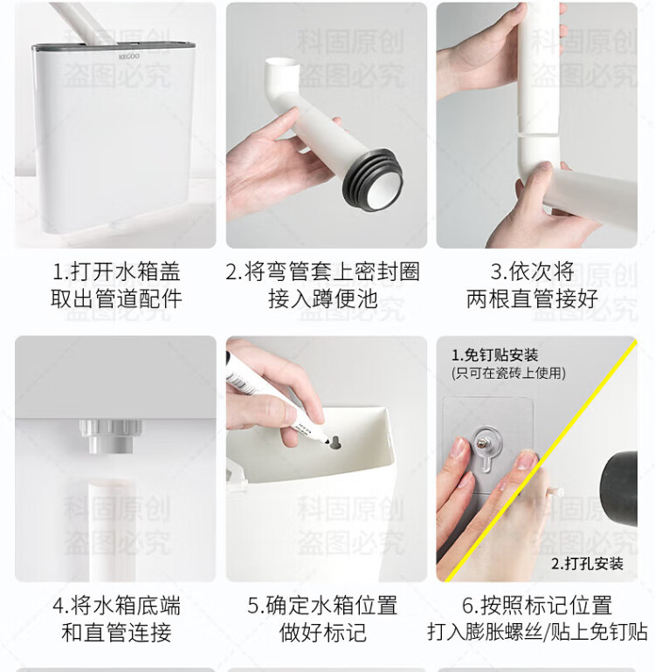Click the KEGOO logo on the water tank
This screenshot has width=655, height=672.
[x=129, y=56]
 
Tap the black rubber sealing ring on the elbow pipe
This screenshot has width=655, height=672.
[x=372, y=179]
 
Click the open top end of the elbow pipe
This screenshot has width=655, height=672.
[x=282, y=64]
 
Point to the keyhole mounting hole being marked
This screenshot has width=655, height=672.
[x=335, y=442]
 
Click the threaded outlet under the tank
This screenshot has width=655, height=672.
[x=110, y=435]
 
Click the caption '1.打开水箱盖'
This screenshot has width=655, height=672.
[x=116, y=271]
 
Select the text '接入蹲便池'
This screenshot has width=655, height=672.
[x=323, y=298]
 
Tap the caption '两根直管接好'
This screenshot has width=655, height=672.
[x=532, y=298]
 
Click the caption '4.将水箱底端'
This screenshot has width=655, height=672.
[x=116, y=605]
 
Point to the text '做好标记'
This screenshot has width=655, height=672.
[x=323, y=632]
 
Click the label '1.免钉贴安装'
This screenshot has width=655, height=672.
[x=494, y=355]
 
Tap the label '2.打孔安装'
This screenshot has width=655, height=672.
[x=587, y=564]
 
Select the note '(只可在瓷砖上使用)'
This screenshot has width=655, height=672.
[x=508, y=373]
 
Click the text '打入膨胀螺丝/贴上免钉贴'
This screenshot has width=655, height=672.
[x=537, y=632]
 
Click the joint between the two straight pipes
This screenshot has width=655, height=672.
[x=538, y=134]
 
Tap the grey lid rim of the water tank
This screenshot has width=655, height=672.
[x=114, y=47]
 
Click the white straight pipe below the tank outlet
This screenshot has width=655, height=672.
[x=111, y=531]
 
